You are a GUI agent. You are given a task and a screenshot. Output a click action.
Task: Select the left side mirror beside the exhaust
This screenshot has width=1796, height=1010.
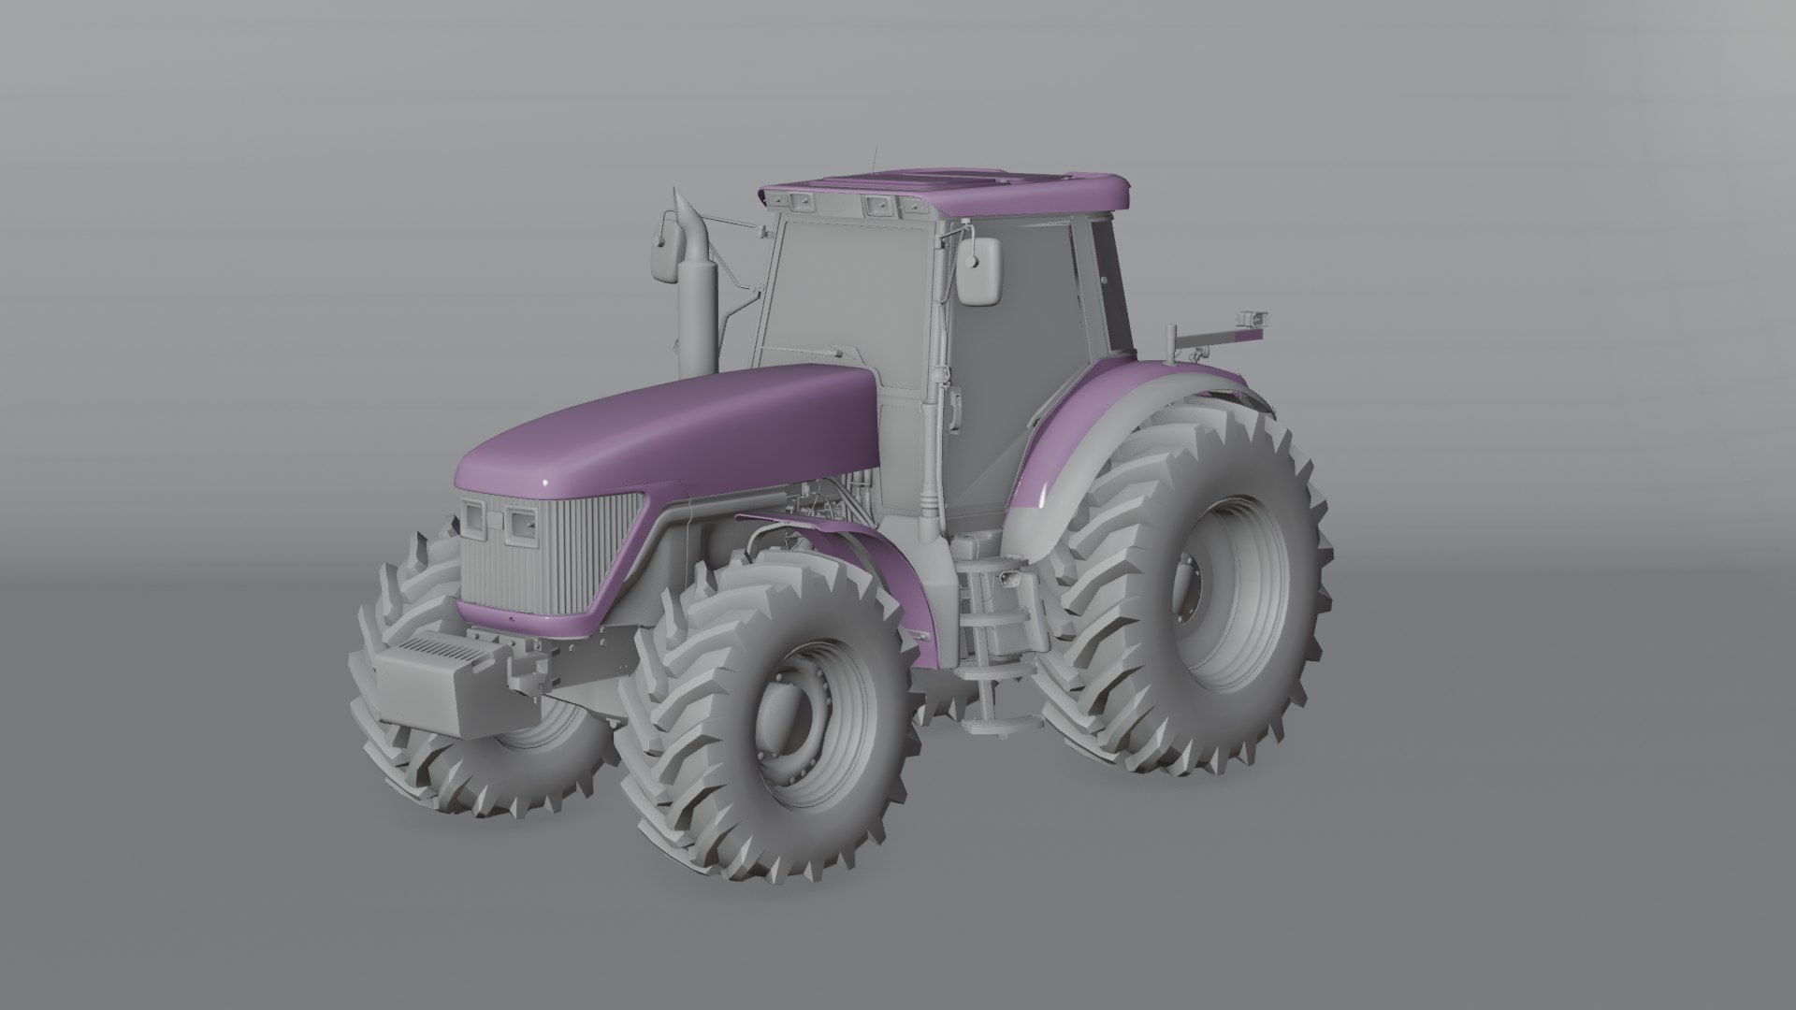pos(665,248)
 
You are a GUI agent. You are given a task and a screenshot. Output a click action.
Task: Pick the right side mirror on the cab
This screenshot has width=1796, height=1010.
pos(979,270)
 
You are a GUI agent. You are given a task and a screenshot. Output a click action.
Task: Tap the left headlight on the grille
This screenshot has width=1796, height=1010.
pos(472,518)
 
